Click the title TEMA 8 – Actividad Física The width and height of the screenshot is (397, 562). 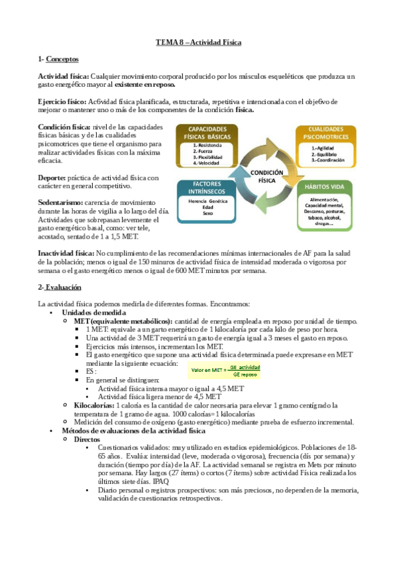pyautogui.click(x=198, y=42)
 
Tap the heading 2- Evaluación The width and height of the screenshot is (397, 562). pyautogui.click(x=60, y=287)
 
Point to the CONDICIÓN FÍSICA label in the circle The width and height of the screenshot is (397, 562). pyautogui.click(x=266, y=176)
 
